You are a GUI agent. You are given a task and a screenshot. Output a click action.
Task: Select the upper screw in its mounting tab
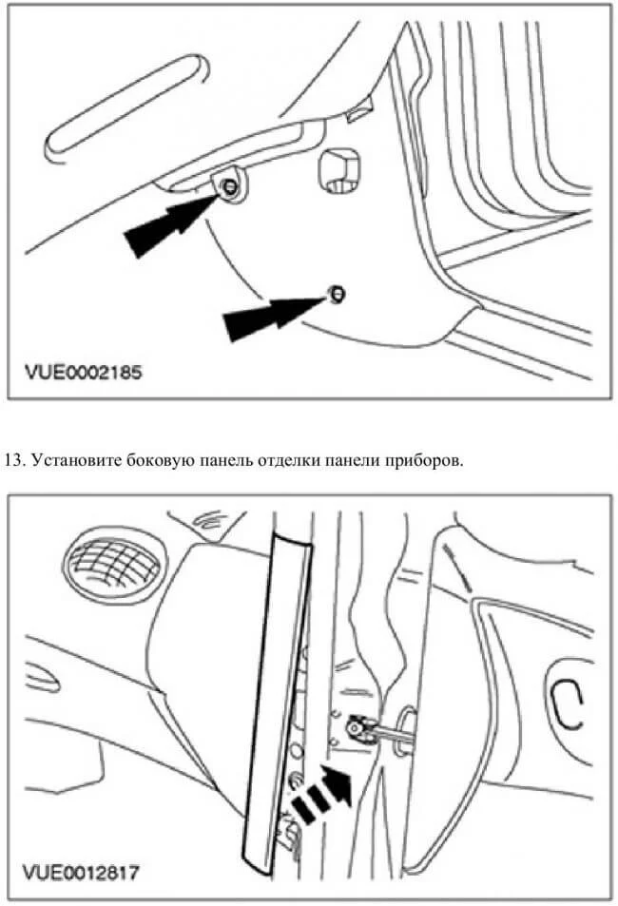tap(229, 188)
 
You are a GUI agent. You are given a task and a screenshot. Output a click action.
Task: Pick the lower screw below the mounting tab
tap(335, 294)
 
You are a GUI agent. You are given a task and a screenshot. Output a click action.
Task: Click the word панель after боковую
tap(222, 461)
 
